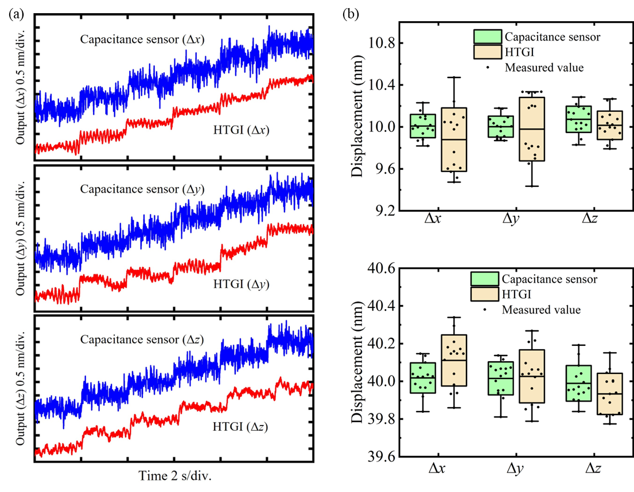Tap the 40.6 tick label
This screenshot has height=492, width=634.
tap(382, 268)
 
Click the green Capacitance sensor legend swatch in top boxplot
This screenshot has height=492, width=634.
tap(487, 37)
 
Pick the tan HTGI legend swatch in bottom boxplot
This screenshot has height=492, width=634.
tap(484, 295)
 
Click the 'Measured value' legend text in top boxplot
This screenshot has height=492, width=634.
tap(544, 68)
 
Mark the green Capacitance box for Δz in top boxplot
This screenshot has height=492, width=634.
tap(579, 119)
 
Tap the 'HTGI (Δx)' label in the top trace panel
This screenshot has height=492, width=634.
tap(241, 130)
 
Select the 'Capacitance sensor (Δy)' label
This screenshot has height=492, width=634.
tap(142, 189)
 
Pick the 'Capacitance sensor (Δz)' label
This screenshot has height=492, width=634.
tap(142, 339)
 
